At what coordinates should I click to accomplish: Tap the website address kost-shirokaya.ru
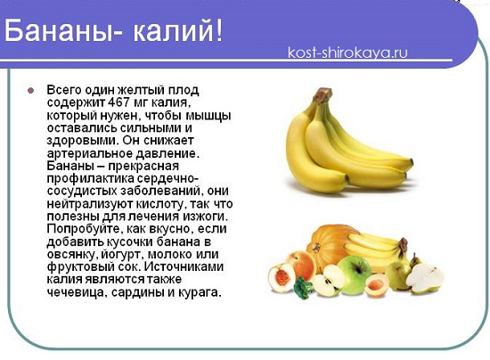(x=348, y=53)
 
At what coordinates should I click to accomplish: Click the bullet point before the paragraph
(x=29, y=91)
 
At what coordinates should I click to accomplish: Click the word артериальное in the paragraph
(x=87, y=153)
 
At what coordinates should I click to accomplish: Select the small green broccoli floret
(x=302, y=288)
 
